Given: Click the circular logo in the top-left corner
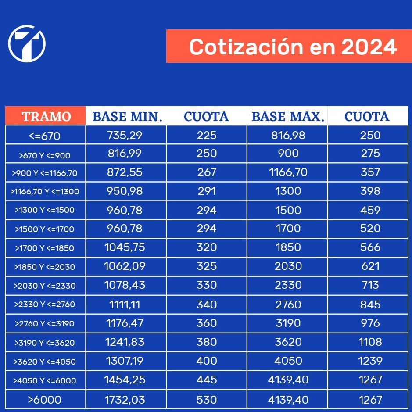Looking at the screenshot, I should point(27,43).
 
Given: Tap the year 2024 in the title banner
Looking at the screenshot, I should point(369,47).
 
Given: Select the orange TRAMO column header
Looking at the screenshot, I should point(46,116).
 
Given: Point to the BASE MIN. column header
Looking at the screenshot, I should point(127,116).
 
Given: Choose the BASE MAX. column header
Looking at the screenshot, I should point(288,116).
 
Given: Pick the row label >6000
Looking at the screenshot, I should point(44,400).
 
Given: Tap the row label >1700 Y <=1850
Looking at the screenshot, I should point(44,248).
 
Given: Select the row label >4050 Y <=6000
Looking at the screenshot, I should point(44,380).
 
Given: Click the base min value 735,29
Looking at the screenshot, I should point(125,135).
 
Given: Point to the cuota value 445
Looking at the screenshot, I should point(207,380).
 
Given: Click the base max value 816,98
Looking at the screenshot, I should point(288,135).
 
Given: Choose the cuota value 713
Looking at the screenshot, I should point(370,285).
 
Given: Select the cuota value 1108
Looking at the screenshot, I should point(370,341).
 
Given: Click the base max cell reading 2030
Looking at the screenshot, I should point(288,266).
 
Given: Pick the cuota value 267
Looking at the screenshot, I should point(207,172).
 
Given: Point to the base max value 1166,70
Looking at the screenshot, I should point(288,172).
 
